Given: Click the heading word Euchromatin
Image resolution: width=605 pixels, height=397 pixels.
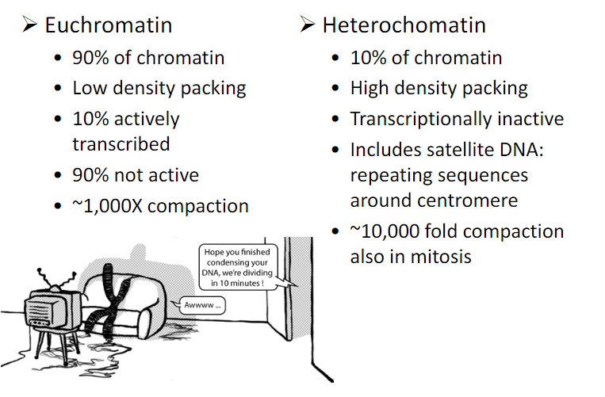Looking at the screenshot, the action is [108, 25].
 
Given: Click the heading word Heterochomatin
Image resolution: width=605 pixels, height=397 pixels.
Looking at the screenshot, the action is [404, 25].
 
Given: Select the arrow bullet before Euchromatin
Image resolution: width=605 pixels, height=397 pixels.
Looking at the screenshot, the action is [30, 25].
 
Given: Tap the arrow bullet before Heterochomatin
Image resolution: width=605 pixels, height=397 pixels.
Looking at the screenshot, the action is [308, 25].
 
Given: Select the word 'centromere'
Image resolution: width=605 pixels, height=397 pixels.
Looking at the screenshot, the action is [477, 199].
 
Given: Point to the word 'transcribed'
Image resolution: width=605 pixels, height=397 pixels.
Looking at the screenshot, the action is [121, 144].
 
